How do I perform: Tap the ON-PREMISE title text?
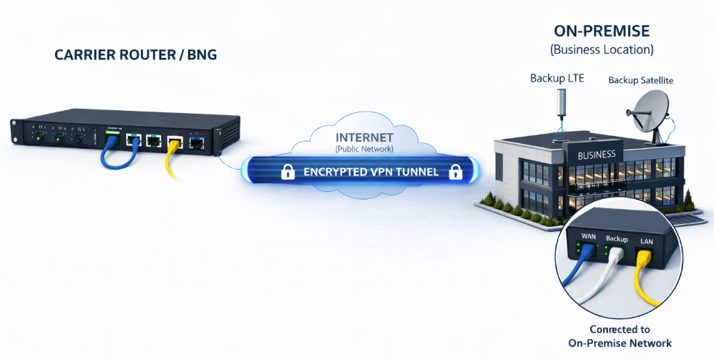tap(602, 31)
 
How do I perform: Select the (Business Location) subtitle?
tap(602, 50)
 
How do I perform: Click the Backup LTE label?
tap(557, 78)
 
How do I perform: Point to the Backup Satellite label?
tap(640, 80)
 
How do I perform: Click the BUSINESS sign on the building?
tap(596, 154)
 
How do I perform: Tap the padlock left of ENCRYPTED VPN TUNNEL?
tap(287, 172)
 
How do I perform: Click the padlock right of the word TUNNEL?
tap(453, 172)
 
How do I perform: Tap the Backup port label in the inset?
tap(616, 238)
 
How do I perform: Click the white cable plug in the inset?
tap(614, 264)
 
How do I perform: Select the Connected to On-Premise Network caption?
tap(620, 336)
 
